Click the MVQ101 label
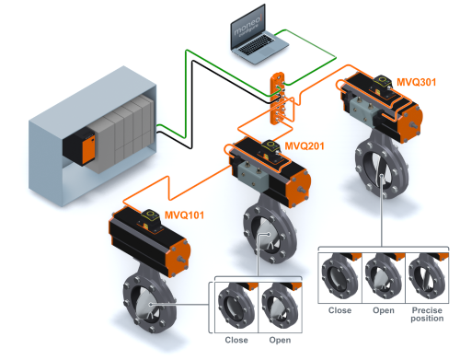[184, 215]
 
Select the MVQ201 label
[305, 145]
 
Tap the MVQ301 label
[416, 82]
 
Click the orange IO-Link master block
[278, 99]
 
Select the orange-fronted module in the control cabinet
[79, 146]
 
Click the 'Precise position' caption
[427, 314]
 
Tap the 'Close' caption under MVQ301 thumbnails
[339, 310]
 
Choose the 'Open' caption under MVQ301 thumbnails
[384, 310]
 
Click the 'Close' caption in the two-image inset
[236, 340]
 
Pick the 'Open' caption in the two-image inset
[280, 340]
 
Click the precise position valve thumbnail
[427, 278]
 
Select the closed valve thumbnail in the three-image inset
[340, 278]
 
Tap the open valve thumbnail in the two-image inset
[280, 308]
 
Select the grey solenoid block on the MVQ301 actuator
[362, 110]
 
